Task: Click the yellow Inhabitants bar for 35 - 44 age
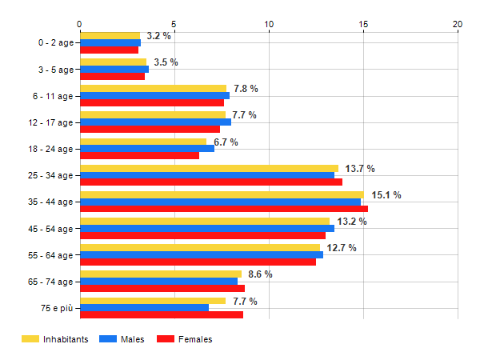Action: [222, 194]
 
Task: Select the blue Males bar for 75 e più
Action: [144, 307]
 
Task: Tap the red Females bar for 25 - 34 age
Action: [211, 182]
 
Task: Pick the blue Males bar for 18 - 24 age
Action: [147, 148]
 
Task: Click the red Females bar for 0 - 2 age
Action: [109, 50]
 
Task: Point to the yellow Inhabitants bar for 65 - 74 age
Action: [160, 274]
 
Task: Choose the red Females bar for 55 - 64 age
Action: [198, 262]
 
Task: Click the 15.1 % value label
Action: [386, 194]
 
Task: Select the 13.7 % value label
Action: [360, 168]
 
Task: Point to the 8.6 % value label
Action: [260, 274]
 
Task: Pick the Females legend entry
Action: [186, 339]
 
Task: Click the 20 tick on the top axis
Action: [458, 23]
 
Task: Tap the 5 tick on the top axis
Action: [174, 23]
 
